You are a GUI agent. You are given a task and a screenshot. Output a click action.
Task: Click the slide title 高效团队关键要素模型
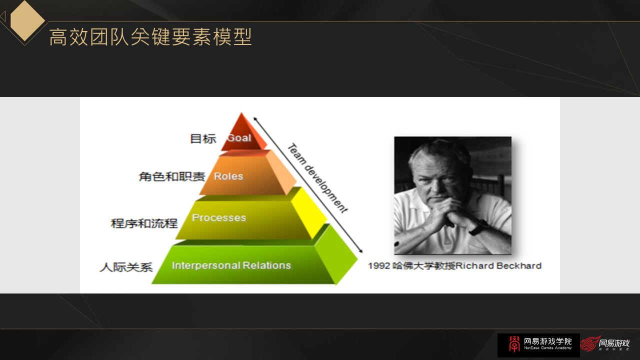tap(150, 37)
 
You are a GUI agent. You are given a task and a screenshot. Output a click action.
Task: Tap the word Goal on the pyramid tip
tap(239, 137)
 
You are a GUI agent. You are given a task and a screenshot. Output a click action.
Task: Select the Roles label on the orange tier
tap(228, 176)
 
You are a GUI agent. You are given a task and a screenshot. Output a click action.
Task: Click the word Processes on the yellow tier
tap(219, 217)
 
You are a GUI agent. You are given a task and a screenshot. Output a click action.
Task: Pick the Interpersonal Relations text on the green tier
tap(231, 265)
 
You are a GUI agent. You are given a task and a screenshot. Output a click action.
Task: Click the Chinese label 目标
tap(203, 138)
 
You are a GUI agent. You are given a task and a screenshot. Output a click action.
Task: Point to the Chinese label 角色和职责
tap(171, 176)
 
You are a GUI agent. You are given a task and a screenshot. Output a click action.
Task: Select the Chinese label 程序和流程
tap(144, 223)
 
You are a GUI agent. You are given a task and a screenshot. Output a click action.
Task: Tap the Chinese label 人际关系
tap(126, 267)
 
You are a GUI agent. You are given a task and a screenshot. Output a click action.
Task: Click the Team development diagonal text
tap(316, 178)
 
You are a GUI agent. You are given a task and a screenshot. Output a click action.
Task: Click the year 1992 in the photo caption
tap(378, 265)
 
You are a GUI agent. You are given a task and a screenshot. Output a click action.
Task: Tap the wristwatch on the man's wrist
tap(479, 226)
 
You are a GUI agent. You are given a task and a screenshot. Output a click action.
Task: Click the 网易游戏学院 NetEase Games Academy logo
tap(538, 344)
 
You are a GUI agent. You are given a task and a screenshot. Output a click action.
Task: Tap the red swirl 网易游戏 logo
tap(605, 344)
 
